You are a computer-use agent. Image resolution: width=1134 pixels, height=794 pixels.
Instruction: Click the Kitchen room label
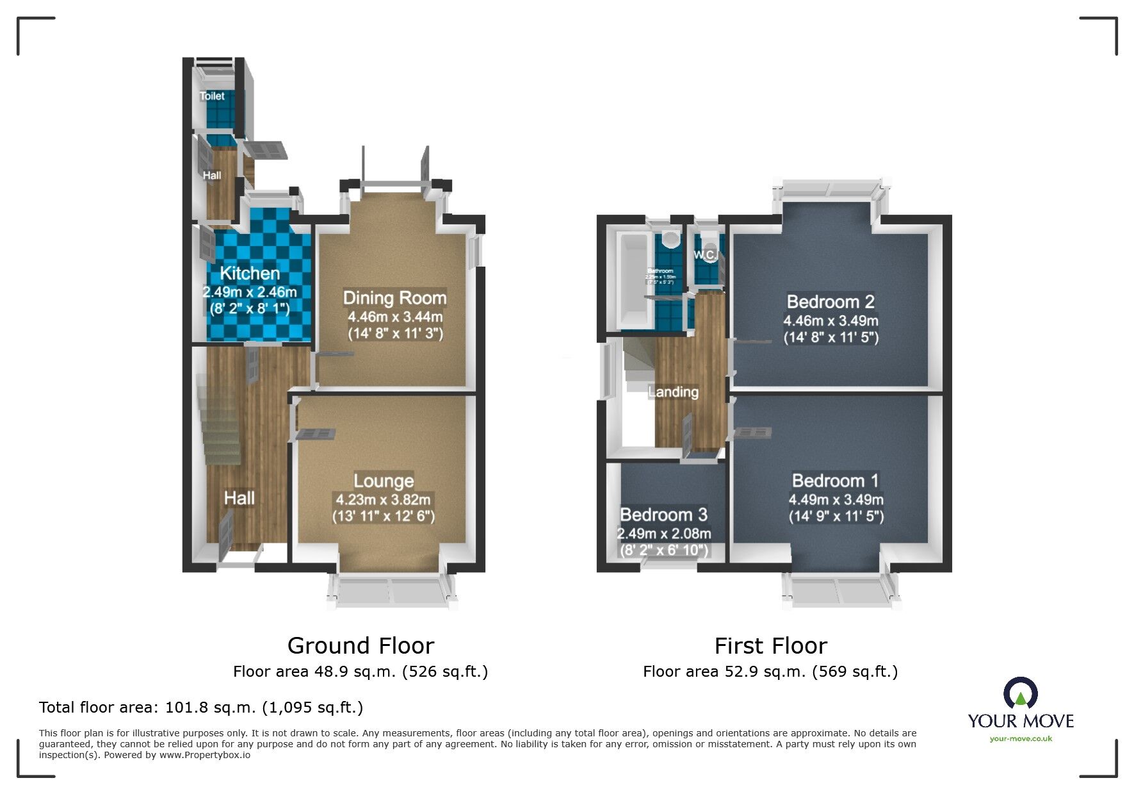point(250,274)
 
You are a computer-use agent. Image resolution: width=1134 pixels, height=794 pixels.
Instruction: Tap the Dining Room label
point(394,298)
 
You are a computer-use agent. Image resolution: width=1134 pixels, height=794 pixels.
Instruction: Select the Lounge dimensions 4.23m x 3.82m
point(383,500)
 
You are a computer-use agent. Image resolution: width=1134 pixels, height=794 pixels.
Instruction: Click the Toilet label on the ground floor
point(212,96)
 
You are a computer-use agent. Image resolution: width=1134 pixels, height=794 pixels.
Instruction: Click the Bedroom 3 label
point(663,515)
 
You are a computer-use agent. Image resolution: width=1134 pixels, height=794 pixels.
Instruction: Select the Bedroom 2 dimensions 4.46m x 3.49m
point(830,321)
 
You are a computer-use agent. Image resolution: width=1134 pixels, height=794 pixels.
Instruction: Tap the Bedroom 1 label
point(835,481)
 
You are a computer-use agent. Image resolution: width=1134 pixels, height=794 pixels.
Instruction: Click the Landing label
point(673,392)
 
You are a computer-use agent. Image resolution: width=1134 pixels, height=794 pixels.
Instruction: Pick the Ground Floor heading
point(360,645)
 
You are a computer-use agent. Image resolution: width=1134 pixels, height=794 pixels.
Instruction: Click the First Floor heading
point(770,645)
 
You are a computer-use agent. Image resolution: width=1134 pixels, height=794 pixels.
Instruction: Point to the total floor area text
point(201,707)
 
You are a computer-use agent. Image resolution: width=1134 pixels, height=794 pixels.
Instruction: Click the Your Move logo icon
point(1020,694)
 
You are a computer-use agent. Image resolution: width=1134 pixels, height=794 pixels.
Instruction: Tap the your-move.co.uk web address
point(1021,739)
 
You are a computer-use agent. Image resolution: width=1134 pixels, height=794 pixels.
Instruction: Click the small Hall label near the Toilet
point(212,176)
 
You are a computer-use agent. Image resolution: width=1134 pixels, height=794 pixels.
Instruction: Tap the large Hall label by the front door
point(239,498)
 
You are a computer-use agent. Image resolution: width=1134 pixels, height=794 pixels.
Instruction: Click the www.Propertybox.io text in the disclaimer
point(204,755)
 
